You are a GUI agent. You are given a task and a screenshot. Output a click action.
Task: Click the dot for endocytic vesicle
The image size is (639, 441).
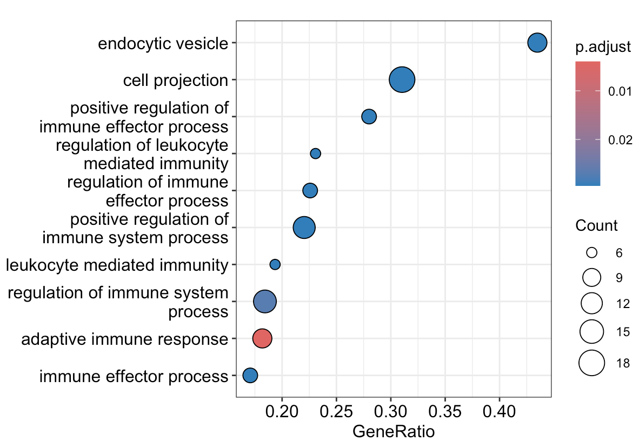[537, 43]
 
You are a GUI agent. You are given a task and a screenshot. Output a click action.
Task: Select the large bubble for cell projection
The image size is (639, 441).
[402, 80]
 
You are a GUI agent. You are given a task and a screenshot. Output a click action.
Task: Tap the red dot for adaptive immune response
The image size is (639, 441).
[262, 338]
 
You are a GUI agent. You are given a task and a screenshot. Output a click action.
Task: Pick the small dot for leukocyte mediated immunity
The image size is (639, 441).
[275, 264]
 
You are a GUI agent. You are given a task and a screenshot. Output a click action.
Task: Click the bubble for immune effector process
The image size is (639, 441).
[250, 375]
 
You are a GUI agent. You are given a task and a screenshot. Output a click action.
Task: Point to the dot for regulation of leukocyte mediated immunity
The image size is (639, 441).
[315, 153]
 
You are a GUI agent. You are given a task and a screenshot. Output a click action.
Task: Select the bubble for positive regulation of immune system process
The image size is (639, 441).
[304, 228]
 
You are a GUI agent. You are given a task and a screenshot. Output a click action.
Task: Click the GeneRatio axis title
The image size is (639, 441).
[394, 431]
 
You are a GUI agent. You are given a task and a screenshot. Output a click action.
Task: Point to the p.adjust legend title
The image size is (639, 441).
[603, 48]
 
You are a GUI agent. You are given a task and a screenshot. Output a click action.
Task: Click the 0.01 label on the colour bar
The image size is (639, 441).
[620, 91]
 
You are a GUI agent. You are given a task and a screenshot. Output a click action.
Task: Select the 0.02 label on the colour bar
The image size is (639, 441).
[620, 139]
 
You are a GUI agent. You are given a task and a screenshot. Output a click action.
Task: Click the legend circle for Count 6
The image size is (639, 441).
[591, 252]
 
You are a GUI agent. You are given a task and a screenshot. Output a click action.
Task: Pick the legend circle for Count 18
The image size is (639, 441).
[591, 363]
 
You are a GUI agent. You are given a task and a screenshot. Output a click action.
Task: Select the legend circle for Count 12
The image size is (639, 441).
[591, 304]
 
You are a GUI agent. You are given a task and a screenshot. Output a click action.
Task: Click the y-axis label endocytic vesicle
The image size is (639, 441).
[163, 43]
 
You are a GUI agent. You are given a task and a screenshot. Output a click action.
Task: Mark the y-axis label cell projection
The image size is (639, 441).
[176, 81]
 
